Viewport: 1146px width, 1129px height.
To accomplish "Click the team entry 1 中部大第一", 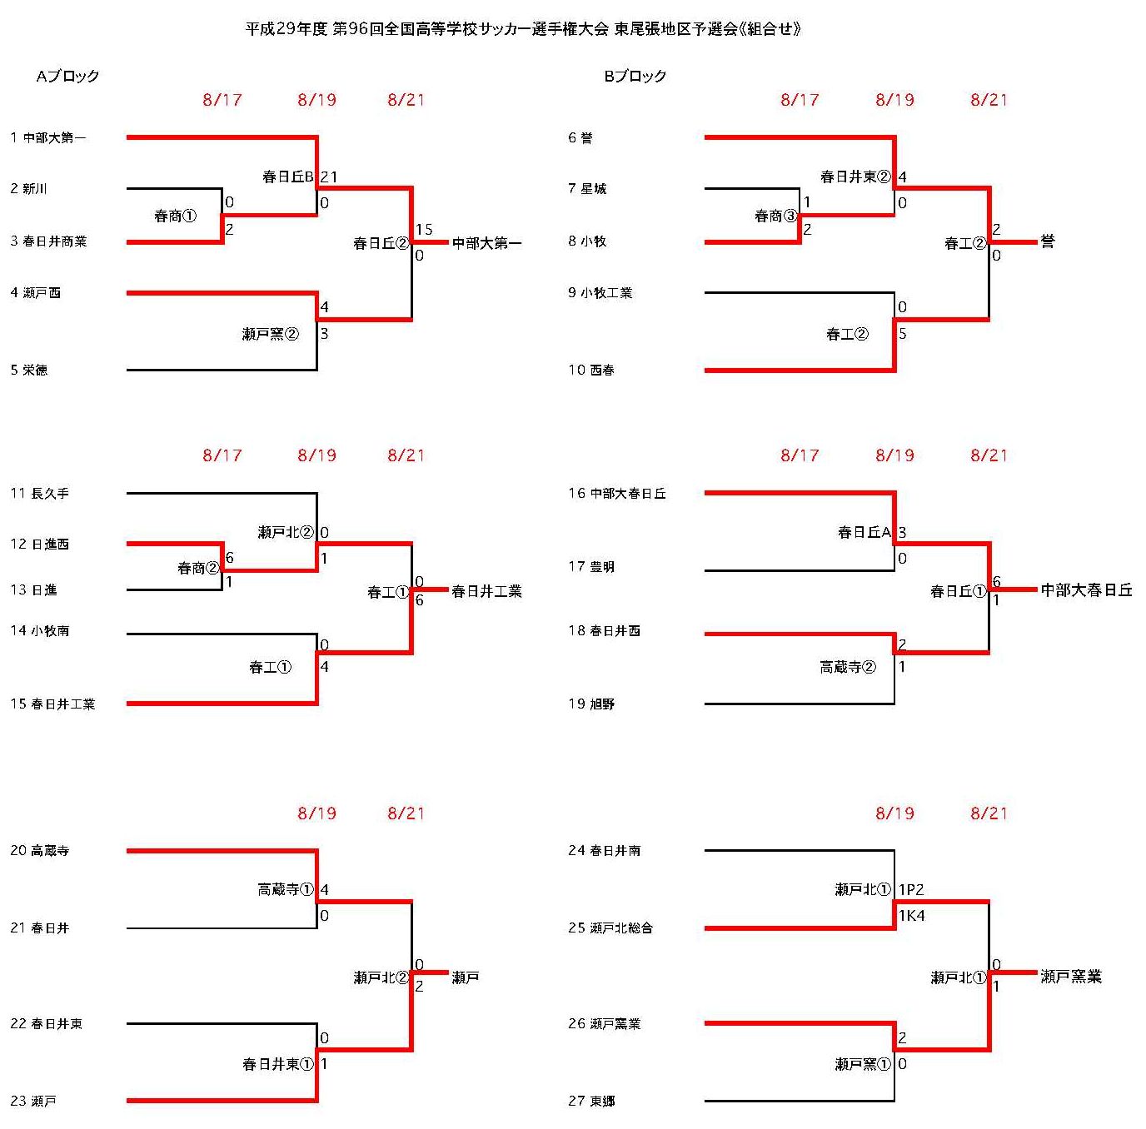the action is [48, 138].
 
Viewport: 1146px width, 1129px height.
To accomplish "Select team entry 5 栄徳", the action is [28, 370].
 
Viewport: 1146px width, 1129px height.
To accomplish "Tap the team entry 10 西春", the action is [591, 370].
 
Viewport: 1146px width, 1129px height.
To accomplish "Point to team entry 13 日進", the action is [33, 589].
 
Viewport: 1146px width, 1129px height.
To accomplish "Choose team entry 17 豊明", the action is [591, 566].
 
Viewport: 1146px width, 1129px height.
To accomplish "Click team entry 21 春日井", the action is [40, 928].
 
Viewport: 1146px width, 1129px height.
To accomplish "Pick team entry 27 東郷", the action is [591, 1101].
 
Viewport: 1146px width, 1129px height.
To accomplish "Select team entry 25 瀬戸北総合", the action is [610, 928].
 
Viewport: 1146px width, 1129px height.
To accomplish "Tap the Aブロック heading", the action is [67, 76].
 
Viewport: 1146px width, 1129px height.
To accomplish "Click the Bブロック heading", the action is [635, 76].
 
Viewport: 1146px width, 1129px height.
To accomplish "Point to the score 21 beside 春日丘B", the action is [329, 177].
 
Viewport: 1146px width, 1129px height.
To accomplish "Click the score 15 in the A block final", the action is [424, 230].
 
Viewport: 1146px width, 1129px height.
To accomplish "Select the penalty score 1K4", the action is [912, 916].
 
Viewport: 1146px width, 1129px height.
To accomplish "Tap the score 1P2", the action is [911, 889].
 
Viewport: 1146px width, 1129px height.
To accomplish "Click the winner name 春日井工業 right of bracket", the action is [486, 591].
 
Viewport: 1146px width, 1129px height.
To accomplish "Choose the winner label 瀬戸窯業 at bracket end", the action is [1071, 977].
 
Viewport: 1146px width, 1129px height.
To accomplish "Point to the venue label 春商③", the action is [775, 216].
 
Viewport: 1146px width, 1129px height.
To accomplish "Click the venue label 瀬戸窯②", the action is [270, 334].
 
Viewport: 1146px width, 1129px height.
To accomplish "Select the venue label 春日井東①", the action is [277, 1064].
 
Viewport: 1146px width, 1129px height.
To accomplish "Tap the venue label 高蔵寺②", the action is [848, 667].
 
